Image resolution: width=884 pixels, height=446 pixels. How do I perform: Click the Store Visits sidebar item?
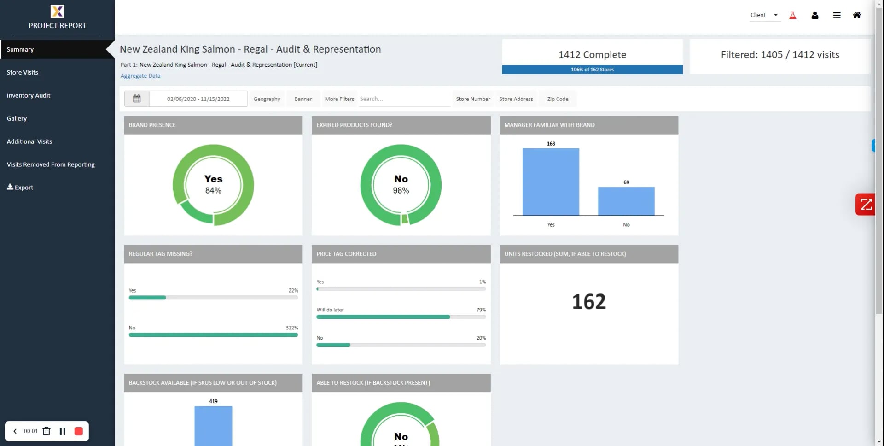[x=23, y=72]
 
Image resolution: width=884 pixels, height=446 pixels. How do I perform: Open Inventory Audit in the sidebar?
[x=29, y=95]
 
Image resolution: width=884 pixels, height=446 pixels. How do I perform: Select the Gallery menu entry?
[x=17, y=118]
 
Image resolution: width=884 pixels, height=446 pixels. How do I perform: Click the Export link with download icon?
[x=20, y=188]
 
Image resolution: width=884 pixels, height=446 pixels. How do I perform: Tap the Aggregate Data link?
[x=140, y=76]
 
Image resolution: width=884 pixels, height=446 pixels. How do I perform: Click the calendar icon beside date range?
[x=137, y=99]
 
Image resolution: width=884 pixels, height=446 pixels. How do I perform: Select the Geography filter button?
[x=267, y=99]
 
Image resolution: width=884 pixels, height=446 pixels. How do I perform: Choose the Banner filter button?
[x=303, y=99]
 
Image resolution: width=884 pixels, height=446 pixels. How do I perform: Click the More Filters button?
[x=339, y=99]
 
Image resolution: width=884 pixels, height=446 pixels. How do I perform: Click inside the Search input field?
[x=404, y=99]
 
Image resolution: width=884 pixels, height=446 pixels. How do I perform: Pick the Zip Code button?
[x=558, y=99]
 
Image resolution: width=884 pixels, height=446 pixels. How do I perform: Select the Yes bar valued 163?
[x=551, y=182]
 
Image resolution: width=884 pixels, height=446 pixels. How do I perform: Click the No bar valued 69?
[x=626, y=201]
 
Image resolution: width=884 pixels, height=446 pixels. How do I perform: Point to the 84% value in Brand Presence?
[x=213, y=191]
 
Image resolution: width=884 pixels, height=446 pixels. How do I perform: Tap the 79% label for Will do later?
[x=481, y=310]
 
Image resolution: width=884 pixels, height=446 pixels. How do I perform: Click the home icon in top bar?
[x=857, y=15]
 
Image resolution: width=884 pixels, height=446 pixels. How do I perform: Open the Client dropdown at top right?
[x=764, y=15]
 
